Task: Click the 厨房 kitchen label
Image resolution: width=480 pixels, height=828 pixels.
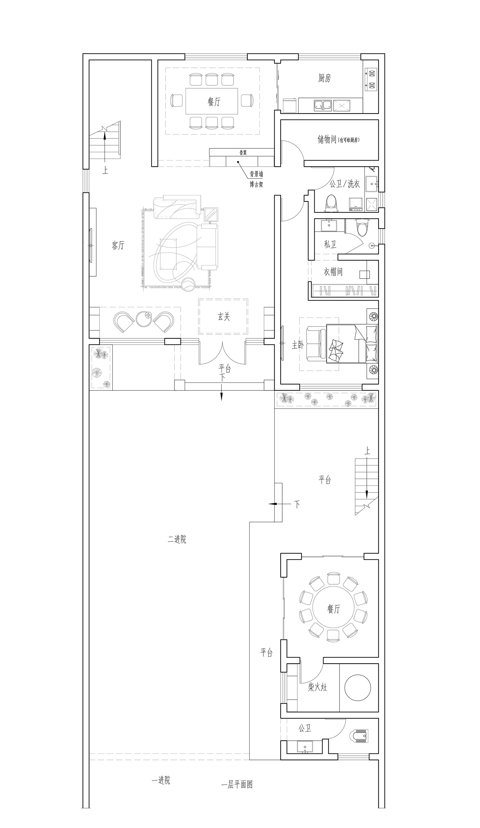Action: click(x=324, y=78)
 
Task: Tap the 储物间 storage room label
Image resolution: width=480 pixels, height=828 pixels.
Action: click(x=327, y=139)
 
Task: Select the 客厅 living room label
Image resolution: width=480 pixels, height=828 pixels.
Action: click(x=118, y=245)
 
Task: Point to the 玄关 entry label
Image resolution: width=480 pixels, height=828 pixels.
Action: click(x=224, y=316)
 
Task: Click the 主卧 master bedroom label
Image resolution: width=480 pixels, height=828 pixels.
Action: click(x=298, y=345)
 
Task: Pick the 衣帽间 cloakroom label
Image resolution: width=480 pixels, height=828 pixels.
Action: click(x=333, y=272)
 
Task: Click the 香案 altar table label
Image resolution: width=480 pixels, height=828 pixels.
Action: click(x=243, y=153)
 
